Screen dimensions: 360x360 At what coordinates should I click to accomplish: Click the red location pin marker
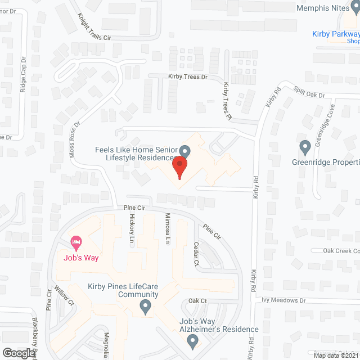click(x=179, y=168)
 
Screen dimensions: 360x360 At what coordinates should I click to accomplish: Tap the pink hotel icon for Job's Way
click(x=75, y=243)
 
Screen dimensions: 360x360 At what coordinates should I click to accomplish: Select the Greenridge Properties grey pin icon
click(x=305, y=147)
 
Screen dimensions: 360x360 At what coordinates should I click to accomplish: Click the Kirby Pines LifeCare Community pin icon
click(x=145, y=307)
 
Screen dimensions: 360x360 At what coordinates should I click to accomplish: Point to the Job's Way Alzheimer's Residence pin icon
click(x=193, y=341)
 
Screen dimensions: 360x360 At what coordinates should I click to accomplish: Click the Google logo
click(x=18, y=353)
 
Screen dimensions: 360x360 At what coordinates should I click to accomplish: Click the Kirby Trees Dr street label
click(x=188, y=76)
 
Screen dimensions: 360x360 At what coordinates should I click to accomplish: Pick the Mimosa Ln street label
click(x=167, y=228)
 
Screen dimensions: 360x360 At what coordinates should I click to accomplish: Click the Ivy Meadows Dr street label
click(x=284, y=300)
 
